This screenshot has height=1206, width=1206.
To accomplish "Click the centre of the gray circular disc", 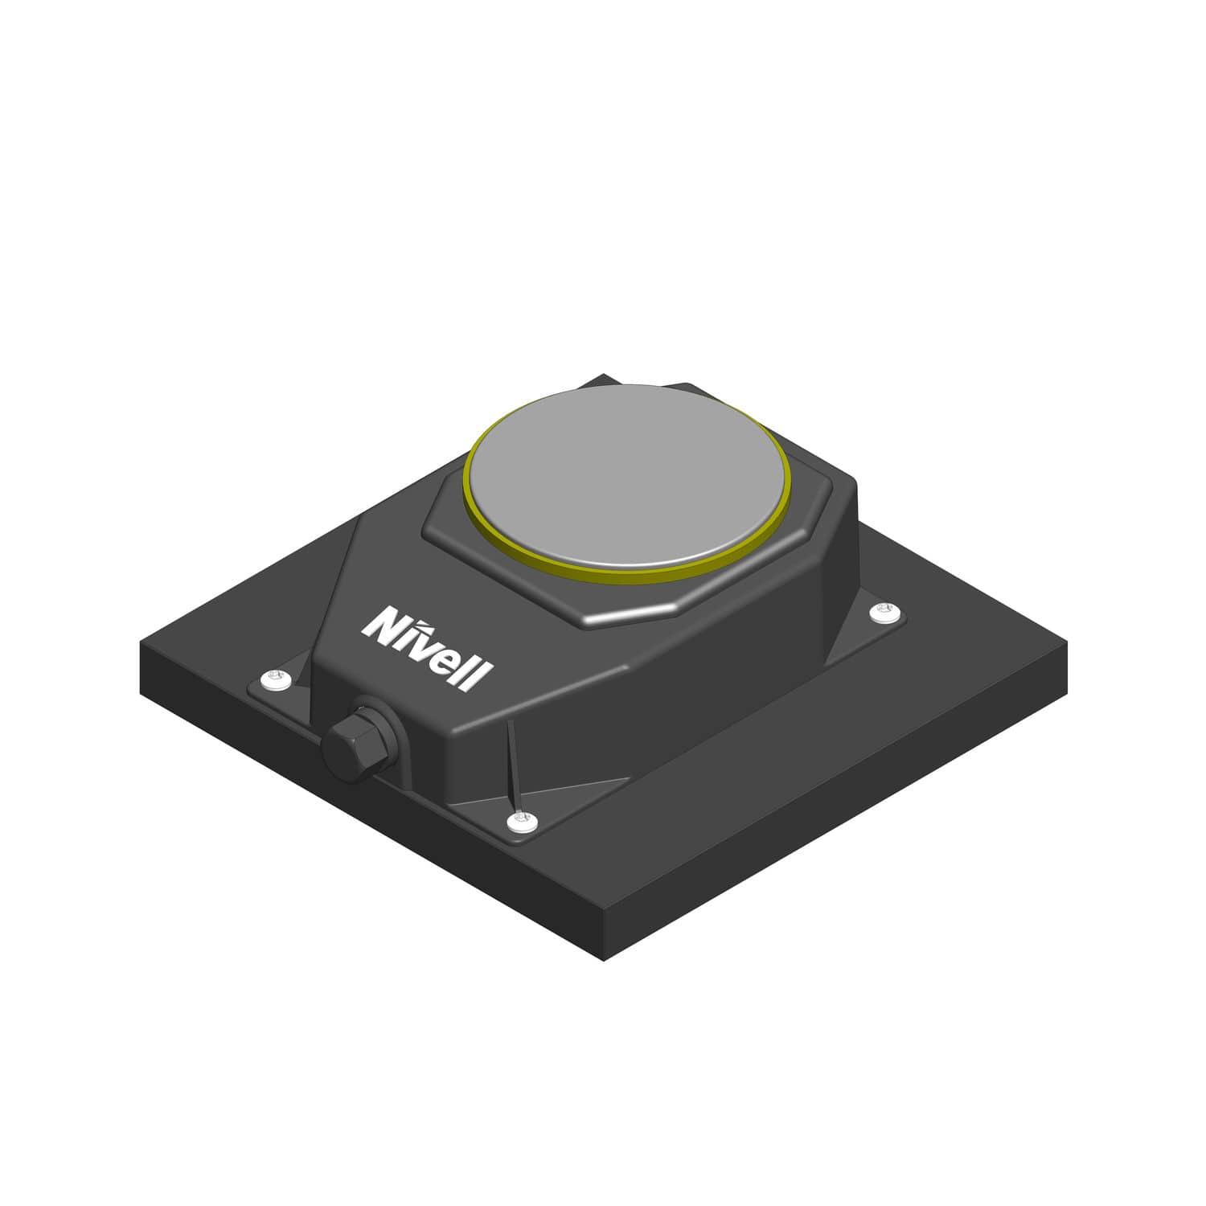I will pyautogui.click(x=626, y=476).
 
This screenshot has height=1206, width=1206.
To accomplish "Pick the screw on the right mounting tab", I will pyautogui.click(x=886, y=613).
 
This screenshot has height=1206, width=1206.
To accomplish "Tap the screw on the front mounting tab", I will pyautogui.click(x=523, y=821).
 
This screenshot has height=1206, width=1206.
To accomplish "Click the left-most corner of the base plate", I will pyautogui.click(x=142, y=643).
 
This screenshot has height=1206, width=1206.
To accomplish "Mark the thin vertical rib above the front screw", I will pyautogui.click(x=511, y=764).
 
